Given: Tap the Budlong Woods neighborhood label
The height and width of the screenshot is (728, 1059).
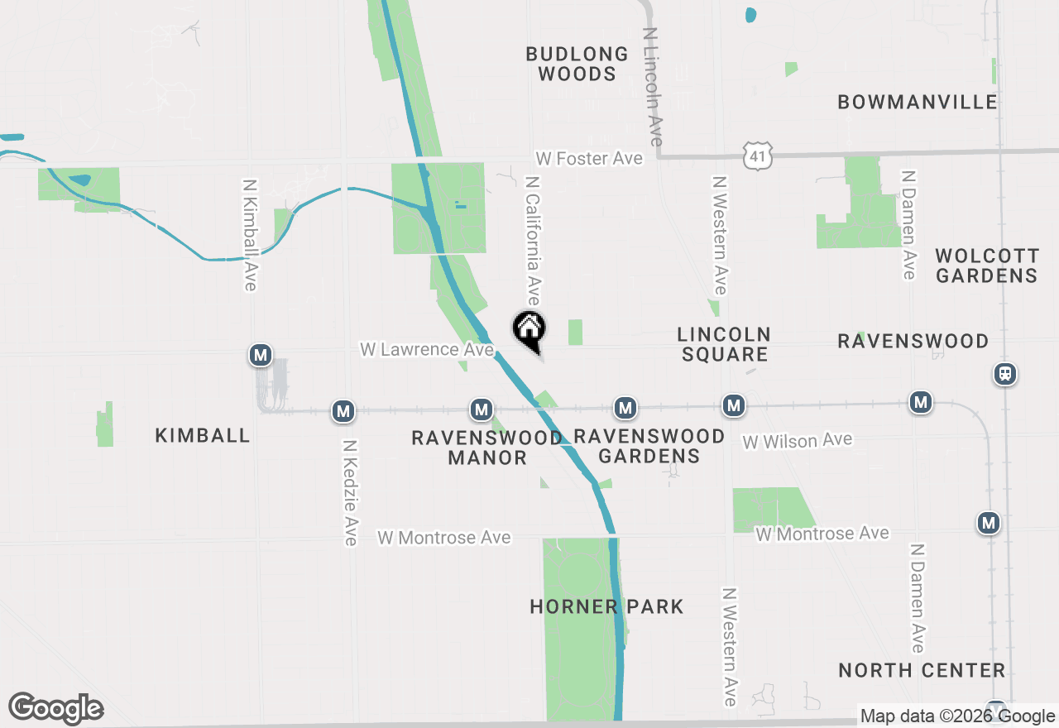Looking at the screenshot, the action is (577, 64).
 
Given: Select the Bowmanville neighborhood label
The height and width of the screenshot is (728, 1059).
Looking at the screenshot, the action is (917, 102).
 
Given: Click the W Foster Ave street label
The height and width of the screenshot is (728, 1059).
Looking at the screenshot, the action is (588, 158).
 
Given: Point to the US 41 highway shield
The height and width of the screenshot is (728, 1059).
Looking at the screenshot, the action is (758, 156).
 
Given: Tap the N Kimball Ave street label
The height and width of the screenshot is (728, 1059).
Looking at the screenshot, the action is (250, 235).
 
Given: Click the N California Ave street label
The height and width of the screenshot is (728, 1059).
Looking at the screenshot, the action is (533, 239).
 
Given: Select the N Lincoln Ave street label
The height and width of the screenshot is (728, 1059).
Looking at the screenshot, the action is (654, 87).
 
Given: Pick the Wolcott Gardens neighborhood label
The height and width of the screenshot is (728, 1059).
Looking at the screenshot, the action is (986, 265).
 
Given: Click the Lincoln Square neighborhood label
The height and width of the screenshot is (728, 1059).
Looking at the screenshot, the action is (723, 344).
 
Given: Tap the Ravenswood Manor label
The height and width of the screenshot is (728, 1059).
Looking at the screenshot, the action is (486, 448).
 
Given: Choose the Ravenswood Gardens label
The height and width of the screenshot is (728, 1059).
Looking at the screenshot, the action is (649, 446).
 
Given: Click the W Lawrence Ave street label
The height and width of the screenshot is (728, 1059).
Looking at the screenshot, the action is (426, 350).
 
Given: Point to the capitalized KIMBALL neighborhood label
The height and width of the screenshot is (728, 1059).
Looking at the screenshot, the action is (203, 436).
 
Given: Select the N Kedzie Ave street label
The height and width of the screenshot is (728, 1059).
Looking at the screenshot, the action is (350, 492).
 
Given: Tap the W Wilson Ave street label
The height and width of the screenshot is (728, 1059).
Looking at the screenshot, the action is (797, 441).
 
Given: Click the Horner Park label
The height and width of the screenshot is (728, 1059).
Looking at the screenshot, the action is (606, 606).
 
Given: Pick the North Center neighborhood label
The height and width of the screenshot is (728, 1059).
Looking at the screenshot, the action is (922, 670).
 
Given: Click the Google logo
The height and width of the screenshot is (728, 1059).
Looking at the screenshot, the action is (56, 709).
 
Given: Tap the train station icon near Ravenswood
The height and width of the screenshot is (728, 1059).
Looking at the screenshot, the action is (1005, 374).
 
